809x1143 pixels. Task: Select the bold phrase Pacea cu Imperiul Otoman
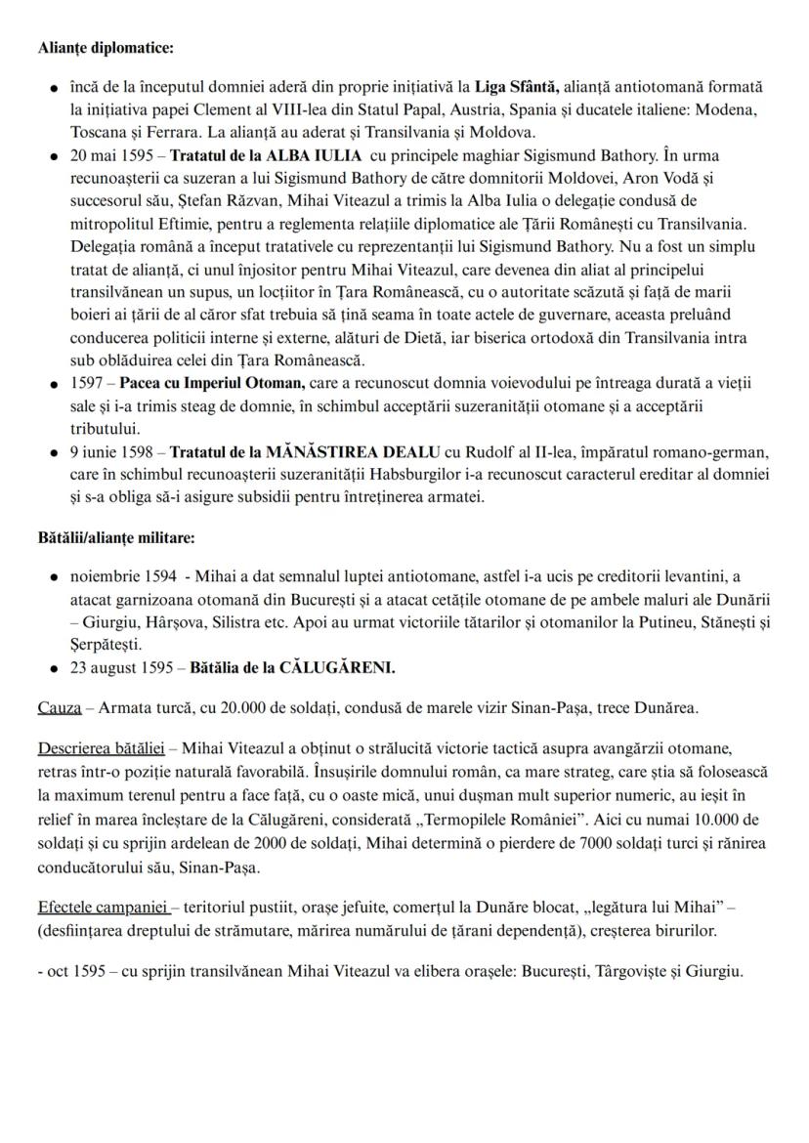211,383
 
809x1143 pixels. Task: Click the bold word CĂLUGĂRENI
337,668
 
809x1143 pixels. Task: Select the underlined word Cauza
59,707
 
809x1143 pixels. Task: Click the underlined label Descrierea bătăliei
100,748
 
